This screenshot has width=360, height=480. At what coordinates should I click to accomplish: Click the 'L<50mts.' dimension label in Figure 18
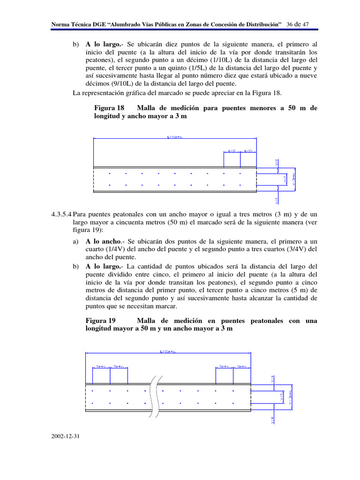(175, 137)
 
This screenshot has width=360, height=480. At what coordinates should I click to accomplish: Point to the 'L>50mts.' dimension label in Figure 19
(167, 351)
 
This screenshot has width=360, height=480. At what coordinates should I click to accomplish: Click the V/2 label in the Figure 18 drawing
(285, 179)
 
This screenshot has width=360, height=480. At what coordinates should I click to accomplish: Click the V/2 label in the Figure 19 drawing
(281, 396)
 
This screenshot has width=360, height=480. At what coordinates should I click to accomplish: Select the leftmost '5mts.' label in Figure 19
(101, 366)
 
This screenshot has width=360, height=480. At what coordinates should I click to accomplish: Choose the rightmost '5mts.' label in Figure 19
(242, 366)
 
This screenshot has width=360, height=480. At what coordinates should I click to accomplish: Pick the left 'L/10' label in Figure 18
(232, 151)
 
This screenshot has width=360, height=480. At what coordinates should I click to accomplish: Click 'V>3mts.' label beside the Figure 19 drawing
(291, 396)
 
